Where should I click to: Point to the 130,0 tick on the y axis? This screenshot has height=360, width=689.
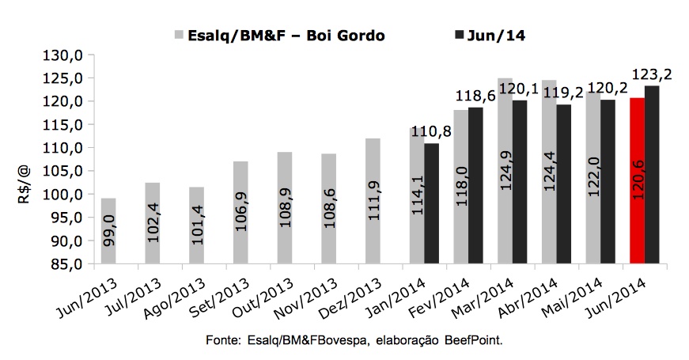68,55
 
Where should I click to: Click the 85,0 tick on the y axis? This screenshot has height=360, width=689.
68,263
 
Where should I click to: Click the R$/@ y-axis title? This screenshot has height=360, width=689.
24,184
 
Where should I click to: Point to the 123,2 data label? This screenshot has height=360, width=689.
652,74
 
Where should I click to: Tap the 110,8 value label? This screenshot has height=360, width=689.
434,131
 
